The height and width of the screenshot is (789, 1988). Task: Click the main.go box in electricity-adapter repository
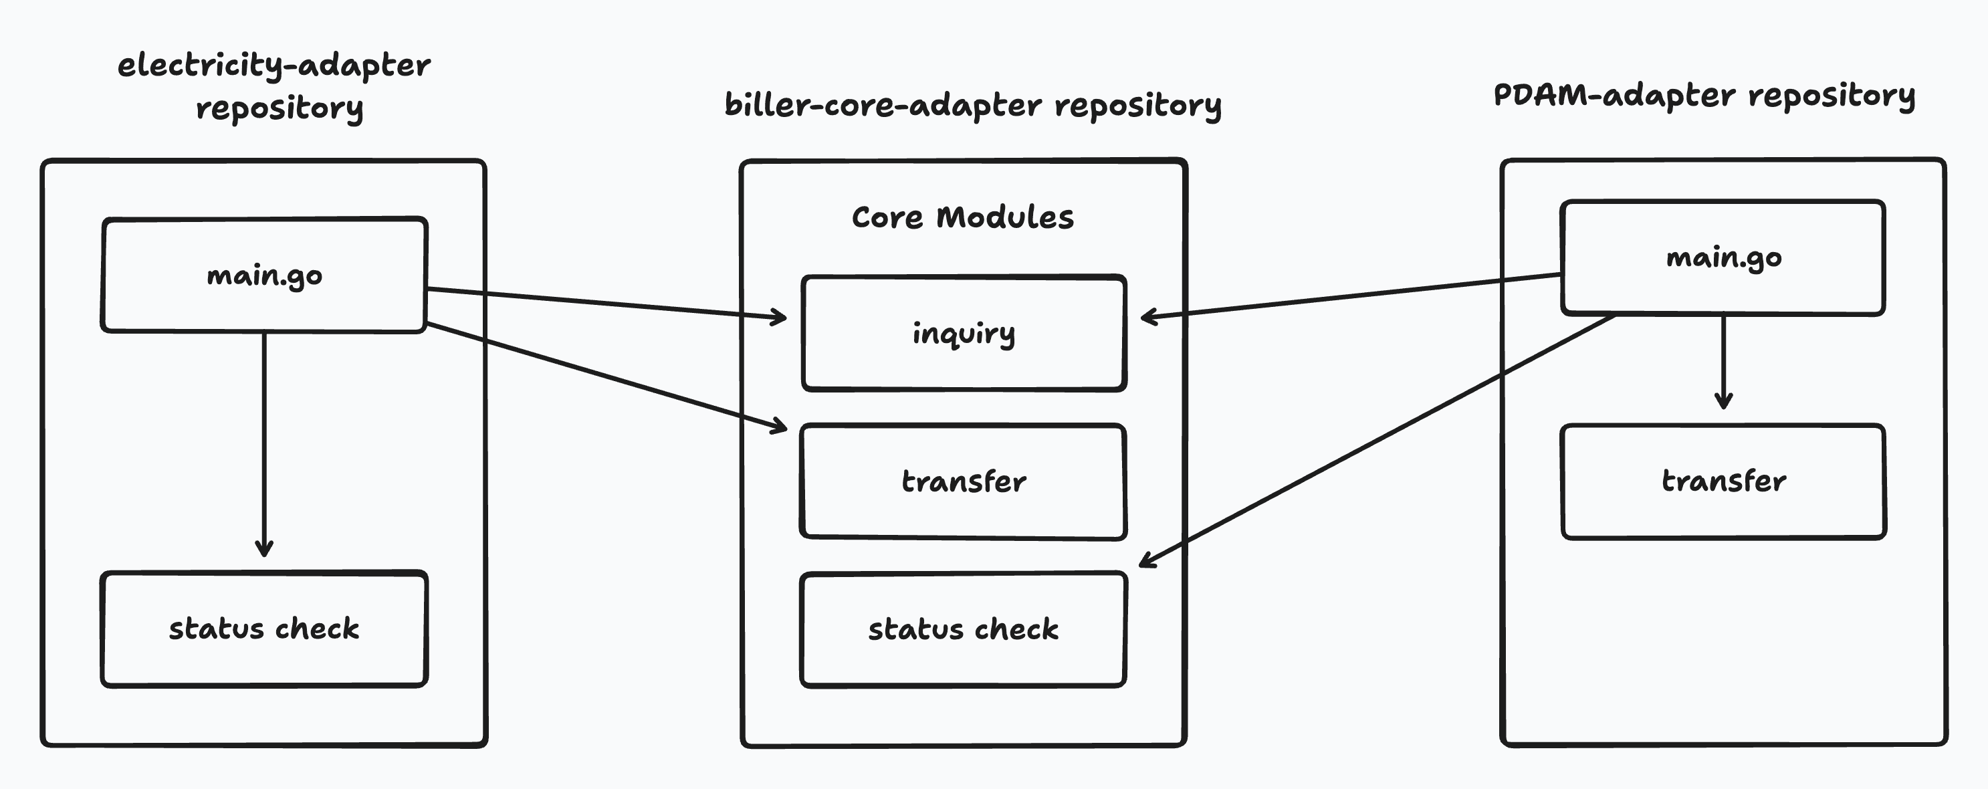point(264,275)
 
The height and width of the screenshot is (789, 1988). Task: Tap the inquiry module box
point(963,334)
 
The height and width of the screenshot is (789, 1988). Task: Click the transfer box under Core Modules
point(963,481)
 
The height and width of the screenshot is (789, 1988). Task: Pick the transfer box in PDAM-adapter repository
point(1723,481)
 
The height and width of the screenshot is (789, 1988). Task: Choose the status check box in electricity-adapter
point(264,629)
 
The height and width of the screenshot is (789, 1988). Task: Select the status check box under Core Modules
point(963,629)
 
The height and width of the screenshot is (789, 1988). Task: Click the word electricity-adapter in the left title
point(274,66)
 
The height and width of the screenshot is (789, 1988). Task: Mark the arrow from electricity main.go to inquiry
point(606,303)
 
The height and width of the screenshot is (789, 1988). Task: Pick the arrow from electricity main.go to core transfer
point(606,375)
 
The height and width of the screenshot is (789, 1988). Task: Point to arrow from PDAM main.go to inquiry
point(1351,295)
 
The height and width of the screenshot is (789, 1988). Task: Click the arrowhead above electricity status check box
point(264,549)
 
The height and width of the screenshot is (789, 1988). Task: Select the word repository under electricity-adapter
point(280,109)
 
